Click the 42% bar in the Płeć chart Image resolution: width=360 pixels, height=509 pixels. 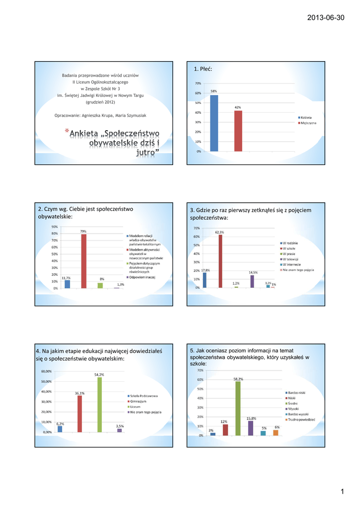click(x=238, y=131)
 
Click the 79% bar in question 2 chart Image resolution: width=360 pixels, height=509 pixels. click(x=84, y=261)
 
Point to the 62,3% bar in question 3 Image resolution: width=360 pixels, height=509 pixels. click(x=220, y=261)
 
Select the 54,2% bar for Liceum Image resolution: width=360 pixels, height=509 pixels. click(x=99, y=405)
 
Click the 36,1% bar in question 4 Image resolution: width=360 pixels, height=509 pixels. click(x=80, y=414)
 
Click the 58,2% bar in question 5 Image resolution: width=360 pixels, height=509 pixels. click(x=238, y=408)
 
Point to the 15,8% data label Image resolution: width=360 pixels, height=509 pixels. click(x=251, y=419)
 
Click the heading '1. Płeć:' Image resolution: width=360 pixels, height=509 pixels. click(x=202, y=69)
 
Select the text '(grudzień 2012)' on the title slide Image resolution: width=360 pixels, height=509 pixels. click(x=100, y=102)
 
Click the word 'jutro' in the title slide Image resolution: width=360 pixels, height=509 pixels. click(x=146, y=152)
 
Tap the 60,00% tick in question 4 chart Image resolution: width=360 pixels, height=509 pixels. click(x=46, y=371)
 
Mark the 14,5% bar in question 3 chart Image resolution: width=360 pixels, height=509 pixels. click(x=252, y=281)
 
